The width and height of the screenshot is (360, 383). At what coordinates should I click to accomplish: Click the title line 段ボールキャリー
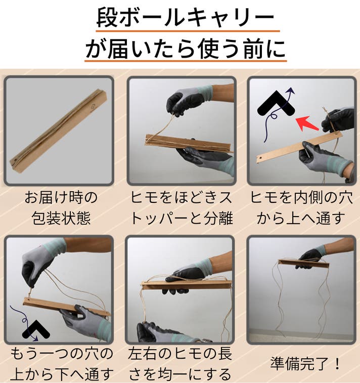click(186, 18)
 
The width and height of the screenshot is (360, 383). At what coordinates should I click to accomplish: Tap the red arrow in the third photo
click(306, 123)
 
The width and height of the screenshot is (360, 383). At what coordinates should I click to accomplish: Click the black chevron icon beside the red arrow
click(276, 104)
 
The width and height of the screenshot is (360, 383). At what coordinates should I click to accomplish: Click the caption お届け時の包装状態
click(61, 207)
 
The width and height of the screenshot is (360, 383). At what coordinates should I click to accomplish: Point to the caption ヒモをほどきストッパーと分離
click(181, 207)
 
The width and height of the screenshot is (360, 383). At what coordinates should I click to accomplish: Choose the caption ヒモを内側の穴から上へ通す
click(301, 207)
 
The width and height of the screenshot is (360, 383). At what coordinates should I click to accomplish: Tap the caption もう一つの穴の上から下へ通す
click(62, 364)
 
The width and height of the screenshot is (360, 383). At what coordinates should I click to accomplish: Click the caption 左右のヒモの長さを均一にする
click(180, 364)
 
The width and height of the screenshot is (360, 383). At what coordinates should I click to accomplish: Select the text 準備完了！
click(305, 364)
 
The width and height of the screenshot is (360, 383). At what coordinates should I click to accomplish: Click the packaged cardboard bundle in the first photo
click(59, 131)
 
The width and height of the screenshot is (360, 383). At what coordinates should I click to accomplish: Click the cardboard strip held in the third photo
click(298, 147)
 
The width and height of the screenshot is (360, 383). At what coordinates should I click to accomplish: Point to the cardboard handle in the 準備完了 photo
click(303, 263)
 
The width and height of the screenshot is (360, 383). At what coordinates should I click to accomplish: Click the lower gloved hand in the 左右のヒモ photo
click(166, 333)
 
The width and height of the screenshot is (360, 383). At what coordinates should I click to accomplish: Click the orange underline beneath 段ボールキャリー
click(188, 31)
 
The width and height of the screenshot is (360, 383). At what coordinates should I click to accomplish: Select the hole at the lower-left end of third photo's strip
click(261, 157)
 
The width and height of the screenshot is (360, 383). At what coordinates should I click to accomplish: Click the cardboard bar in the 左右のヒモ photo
click(186, 285)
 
